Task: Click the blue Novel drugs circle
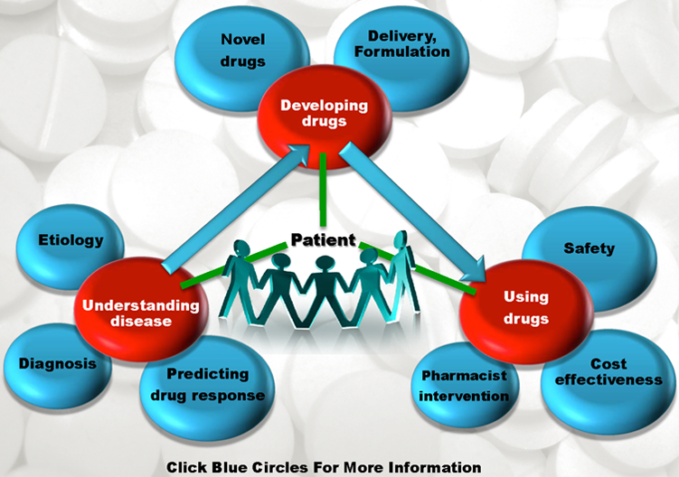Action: (x=241, y=59)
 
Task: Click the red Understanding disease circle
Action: (x=141, y=310)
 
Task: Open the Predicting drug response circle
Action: (x=207, y=388)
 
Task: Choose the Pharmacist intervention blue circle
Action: (x=464, y=385)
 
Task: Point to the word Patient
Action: (x=323, y=239)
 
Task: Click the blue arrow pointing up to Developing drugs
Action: (x=236, y=208)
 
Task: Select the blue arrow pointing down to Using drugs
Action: (x=411, y=211)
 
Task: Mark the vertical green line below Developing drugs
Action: (x=323, y=189)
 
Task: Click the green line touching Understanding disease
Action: (x=234, y=266)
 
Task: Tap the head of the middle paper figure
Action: (x=325, y=264)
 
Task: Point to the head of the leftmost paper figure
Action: (x=241, y=248)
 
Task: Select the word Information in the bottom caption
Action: (x=434, y=467)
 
